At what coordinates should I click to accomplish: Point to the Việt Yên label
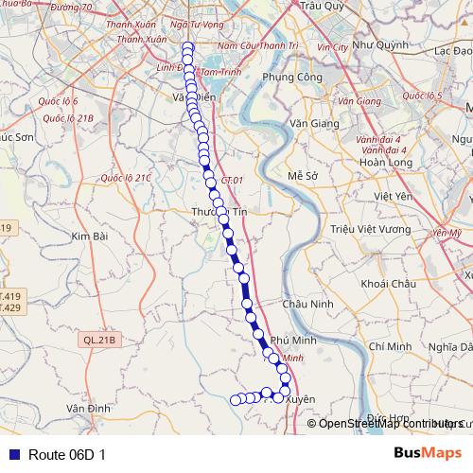click(394, 197)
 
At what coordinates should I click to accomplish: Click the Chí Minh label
click(391, 347)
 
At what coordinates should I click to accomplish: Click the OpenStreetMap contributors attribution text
click(391, 423)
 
